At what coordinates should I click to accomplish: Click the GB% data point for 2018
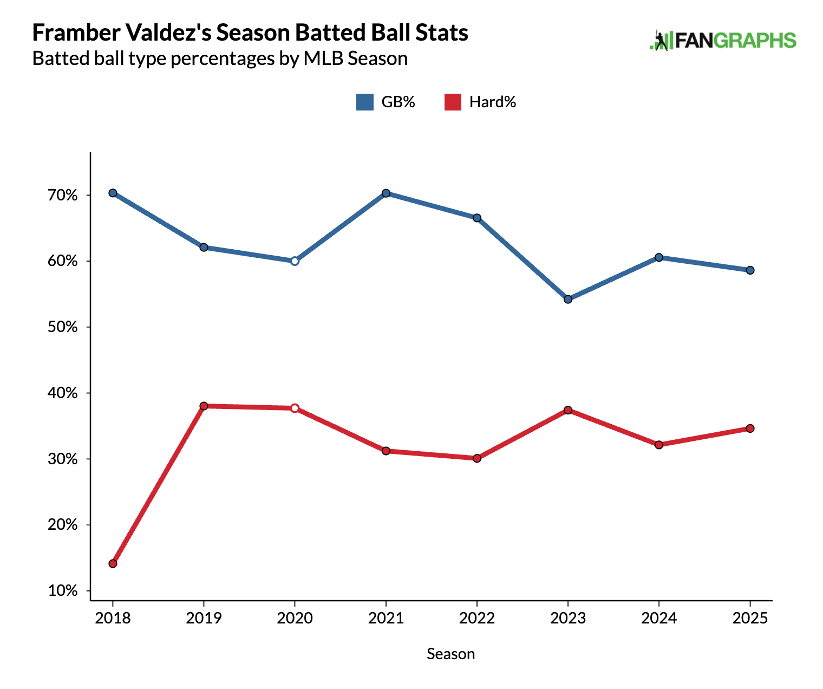(x=113, y=193)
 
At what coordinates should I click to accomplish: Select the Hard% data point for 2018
(x=113, y=563)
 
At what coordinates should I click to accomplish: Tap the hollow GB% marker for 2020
(x=295, y=261)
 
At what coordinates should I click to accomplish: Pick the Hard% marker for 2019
(x=204, y=406)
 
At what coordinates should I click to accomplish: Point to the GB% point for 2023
(x=568, y=299)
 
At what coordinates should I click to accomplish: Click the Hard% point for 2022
(x=477, y=458)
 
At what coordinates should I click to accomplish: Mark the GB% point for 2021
(x=386, y=193)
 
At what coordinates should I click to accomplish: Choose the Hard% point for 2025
(x=750, y=428)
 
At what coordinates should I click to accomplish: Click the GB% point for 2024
(x=659, y=257)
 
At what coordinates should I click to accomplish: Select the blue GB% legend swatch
(x=364, y=102)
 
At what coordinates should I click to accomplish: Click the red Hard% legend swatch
(x=453, y=102)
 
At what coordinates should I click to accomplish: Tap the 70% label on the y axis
(x=63, y=195)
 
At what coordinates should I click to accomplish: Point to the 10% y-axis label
(x=63, y=590)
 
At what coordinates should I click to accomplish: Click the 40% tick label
(x=63, y=393)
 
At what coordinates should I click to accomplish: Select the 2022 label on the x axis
(x=477, y=618)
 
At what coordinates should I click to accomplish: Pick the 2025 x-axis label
(x=750, y=618)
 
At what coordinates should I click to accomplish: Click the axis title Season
(x=450, y=654)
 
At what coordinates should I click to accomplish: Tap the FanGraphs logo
(x=723, y=41)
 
